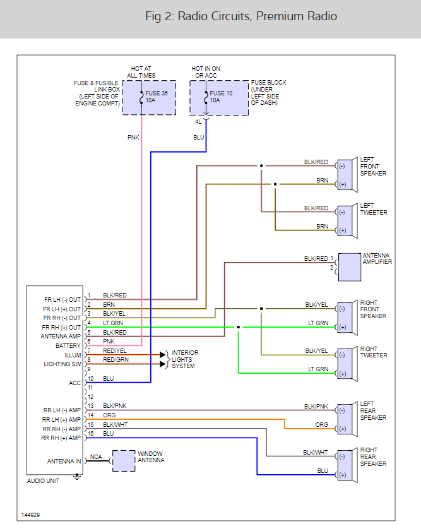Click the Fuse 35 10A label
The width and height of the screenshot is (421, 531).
pos(157,97)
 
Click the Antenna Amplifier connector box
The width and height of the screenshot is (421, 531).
pos(349,267)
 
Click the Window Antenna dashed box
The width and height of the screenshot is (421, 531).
pos(124,461)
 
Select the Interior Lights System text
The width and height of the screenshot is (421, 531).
pos(185,359)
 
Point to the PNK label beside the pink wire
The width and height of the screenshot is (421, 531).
pos(133,136)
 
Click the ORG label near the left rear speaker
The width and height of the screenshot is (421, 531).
pos(322,425)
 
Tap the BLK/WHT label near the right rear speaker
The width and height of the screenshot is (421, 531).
pos(316,452)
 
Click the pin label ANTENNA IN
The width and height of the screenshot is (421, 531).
pos(64,462)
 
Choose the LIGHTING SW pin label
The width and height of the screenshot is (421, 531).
pos(62,364)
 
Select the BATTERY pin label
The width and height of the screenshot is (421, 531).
pos(68,346)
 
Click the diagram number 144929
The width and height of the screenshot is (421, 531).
pos(30,515)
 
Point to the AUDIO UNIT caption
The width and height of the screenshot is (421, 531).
pos(44,481)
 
